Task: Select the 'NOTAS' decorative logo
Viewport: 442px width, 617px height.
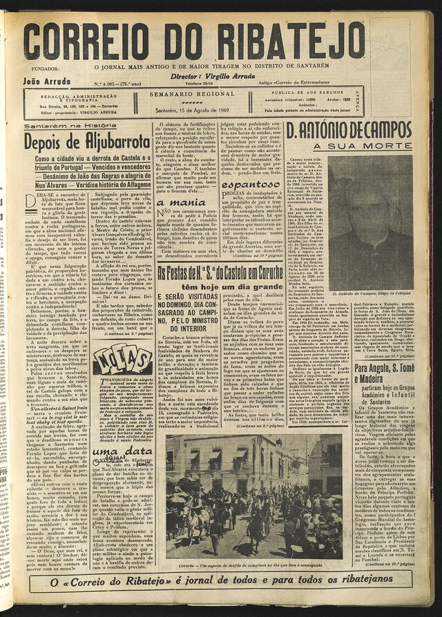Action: tap(122, 359)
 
